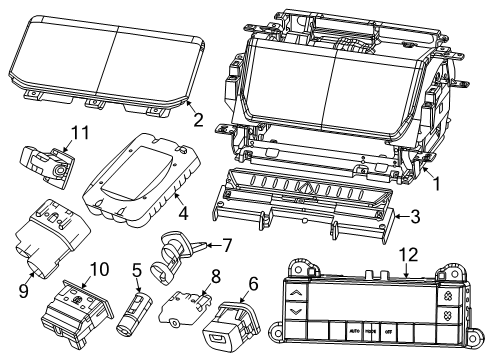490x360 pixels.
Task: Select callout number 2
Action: pyautogui.click(x=198, y=120)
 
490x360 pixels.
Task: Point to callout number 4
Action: pyautogui.click(x=182, y=211)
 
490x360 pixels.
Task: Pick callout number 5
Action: pyautogui.click(x=136, y=270)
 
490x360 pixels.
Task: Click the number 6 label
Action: pyautogui.click(x=252, y=285)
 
